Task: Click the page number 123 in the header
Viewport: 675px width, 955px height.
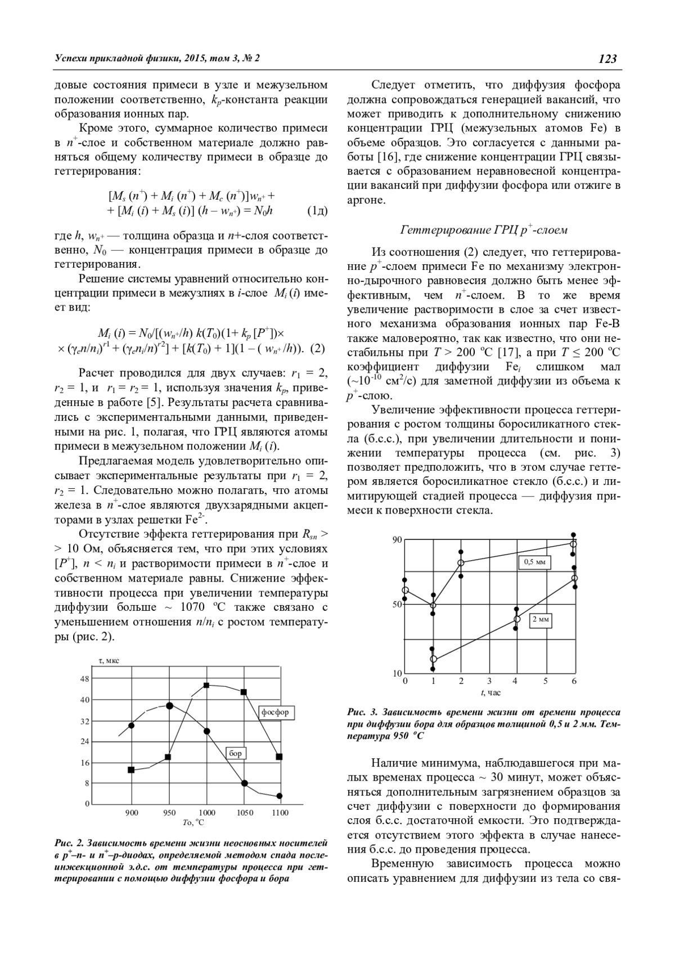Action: (607, 58)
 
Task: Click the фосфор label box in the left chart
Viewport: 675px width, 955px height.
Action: (275, 712)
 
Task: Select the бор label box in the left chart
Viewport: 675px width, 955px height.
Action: (236, 753)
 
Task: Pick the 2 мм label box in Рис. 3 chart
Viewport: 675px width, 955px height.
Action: (541, 619)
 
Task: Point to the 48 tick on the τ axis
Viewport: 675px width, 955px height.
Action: (85, 679)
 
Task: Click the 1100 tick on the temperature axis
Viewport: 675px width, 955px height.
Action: (280, 812)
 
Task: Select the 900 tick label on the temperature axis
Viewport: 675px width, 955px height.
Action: (131, 812)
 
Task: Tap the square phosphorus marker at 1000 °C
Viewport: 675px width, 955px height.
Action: (206, 685)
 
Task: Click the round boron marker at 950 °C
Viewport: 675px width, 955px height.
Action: (169, 705)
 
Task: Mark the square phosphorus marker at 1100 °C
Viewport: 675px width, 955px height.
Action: (279, 756)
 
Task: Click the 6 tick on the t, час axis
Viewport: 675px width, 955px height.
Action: (574, 681)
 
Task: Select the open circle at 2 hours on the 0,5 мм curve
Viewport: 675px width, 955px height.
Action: (461, 563)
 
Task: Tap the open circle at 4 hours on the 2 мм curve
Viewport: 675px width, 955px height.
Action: (517, 619)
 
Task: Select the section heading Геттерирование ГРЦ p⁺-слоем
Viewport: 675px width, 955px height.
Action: (484, 230)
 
